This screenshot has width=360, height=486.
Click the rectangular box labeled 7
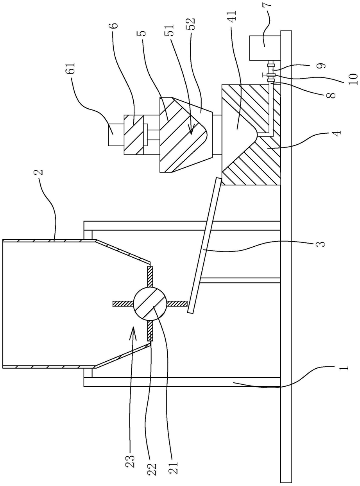(x=265, y=48)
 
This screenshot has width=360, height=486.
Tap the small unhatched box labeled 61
(x=116, y=135)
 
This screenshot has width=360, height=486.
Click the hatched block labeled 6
(x=134, y=135)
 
